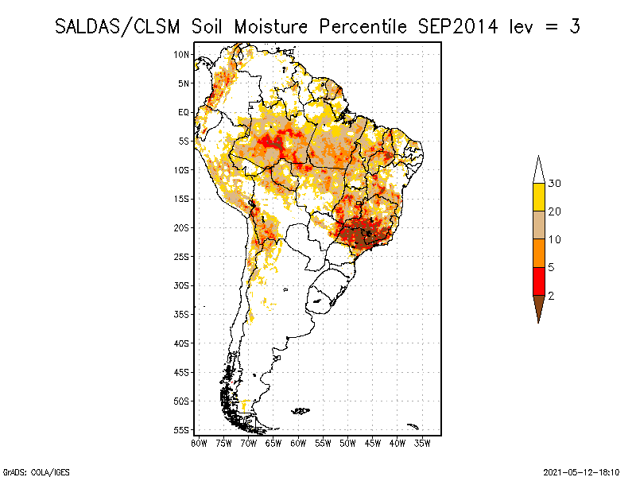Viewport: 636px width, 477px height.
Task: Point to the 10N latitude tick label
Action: pos(182,54)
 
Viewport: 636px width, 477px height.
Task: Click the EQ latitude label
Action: pos(184,112)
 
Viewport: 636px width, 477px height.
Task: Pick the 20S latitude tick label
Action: pos(182,227)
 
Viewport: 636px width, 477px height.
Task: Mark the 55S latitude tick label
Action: pos(182,430)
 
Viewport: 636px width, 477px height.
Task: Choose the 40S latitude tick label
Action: pos(182,343)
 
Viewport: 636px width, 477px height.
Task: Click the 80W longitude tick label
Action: pos(199,442)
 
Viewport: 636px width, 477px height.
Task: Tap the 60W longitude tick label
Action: pos(298,442)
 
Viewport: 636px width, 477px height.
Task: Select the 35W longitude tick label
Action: pos(422,442)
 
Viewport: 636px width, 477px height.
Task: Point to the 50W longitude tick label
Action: pos(347,442)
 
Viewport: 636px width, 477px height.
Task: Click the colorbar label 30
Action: pos(555,184)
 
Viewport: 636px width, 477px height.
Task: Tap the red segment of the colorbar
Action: pos(539,281)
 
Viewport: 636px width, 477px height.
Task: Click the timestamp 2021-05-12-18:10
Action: pos(581,471)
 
